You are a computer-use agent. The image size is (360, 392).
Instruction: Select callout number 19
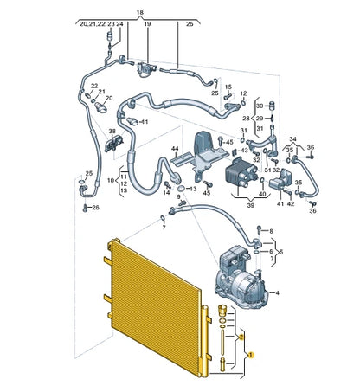pos(146,26)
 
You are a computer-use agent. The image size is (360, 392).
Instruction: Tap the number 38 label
pos(112,132)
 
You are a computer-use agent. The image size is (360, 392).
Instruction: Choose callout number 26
pos(96,208)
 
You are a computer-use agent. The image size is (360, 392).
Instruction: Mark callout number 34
pos(293,138)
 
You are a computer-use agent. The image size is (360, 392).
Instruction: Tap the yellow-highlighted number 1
pos(249,355)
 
